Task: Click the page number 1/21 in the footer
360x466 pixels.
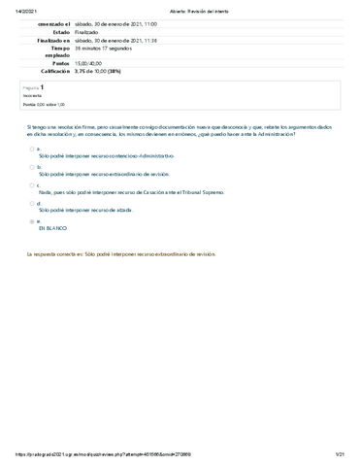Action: coord(341,455)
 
